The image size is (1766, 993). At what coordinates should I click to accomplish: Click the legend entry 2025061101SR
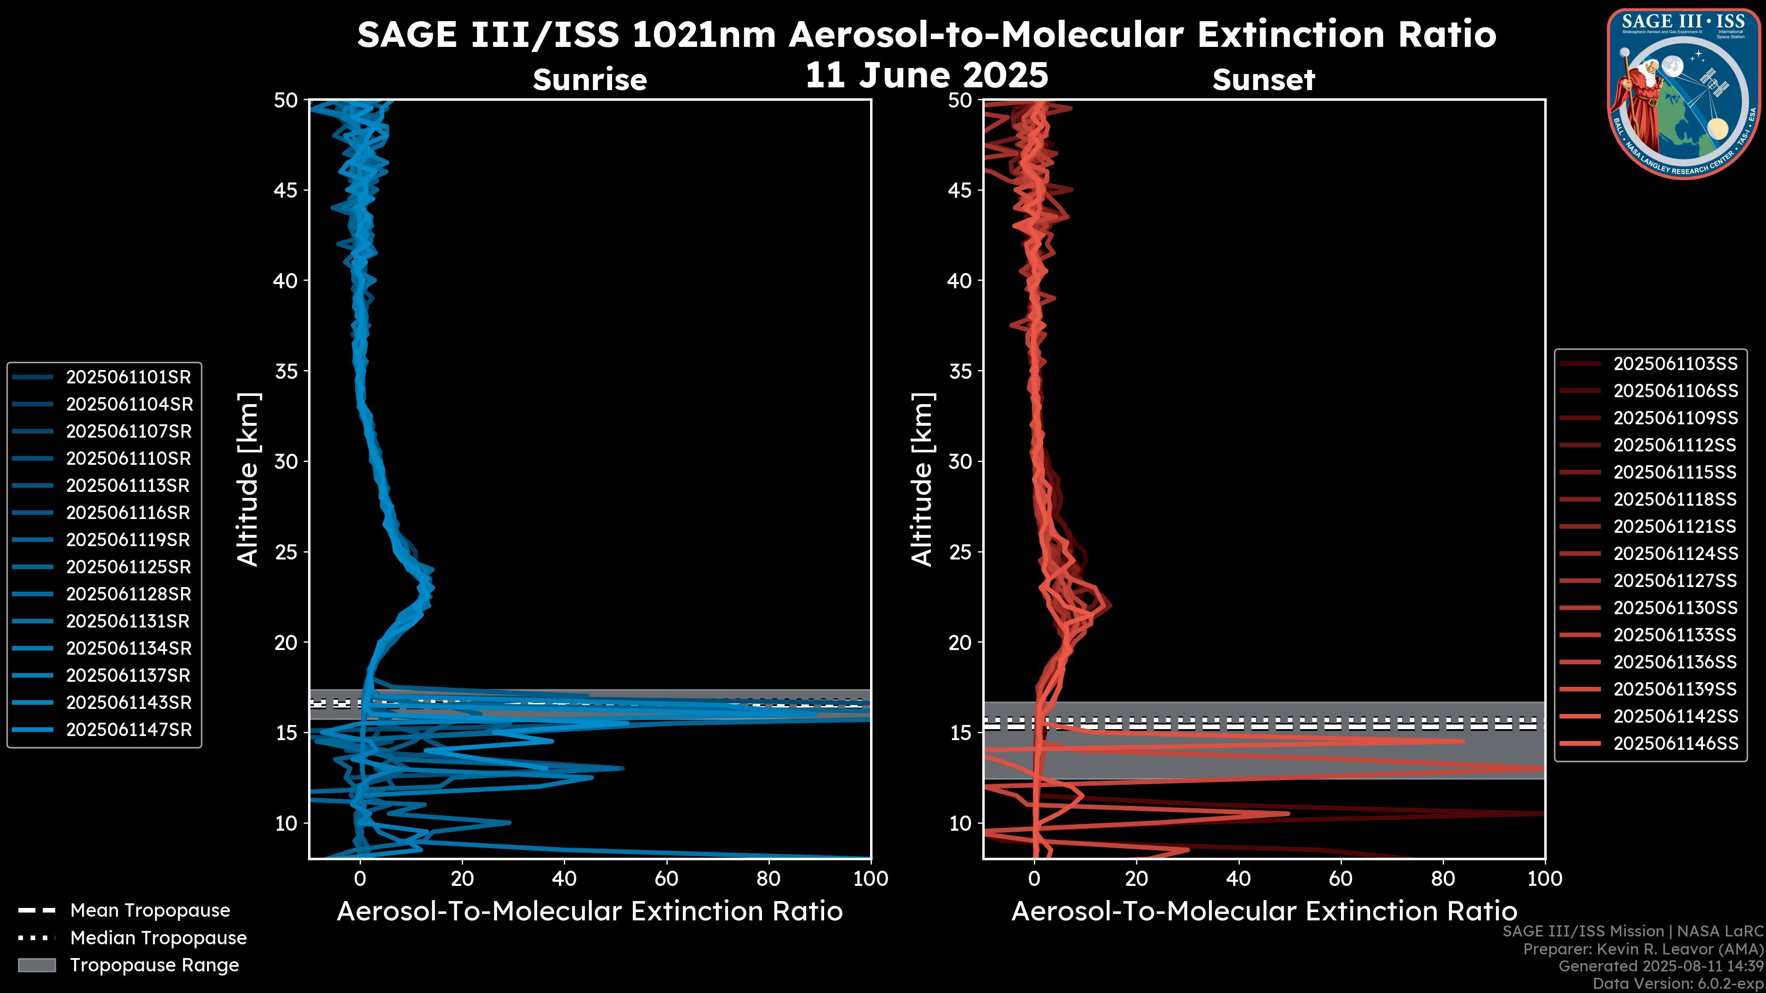[x=128, y=377]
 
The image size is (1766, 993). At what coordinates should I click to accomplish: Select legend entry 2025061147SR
[x=128, y=730]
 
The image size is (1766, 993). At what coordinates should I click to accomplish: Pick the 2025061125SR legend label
[x=128, y=567]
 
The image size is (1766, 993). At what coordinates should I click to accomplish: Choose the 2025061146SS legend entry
[x=1675, y=743]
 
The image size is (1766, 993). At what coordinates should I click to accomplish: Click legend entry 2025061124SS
[x=1675, y=554]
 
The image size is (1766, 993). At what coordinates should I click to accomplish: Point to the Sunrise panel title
[x=590, y=80]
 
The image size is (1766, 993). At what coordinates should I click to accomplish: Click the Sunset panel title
[x=1263, y=80]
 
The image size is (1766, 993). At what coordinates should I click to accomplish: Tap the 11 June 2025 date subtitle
[x=926, y=75]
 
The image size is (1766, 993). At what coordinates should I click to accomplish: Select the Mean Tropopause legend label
[x=149, y=911]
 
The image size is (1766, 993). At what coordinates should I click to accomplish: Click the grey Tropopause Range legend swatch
[x=37, y=965]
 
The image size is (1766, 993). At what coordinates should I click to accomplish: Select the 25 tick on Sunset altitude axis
[x=960, y=552]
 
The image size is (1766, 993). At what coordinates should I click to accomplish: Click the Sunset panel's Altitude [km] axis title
[x=923, y=479]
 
